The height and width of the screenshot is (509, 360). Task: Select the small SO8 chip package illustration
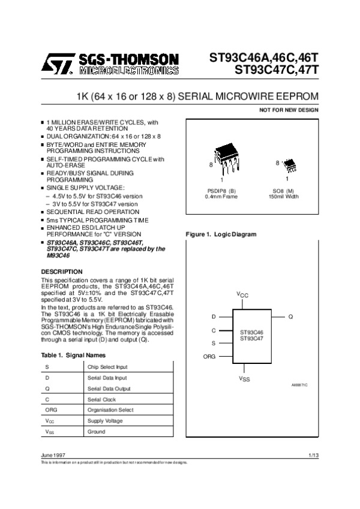[290, 164]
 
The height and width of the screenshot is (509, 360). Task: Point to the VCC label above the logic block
[242, 294]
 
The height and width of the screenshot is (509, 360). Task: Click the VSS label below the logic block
[244, 380]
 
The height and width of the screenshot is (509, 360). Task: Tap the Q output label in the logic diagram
[290, 316]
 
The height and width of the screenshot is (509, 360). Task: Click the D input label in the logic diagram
[213, 316]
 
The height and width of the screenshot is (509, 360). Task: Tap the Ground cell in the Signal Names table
[96, 432]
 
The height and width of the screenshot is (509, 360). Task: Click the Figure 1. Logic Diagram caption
[221, 234]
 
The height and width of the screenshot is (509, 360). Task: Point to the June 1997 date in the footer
[52, 457]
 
